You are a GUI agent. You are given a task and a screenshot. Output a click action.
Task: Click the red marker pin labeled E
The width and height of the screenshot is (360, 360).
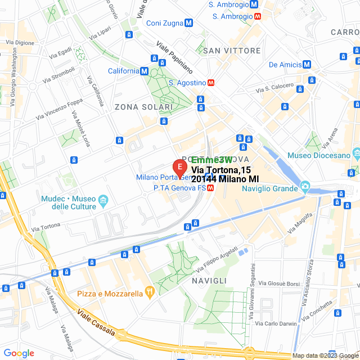pyautogui.click(x=179, y=168)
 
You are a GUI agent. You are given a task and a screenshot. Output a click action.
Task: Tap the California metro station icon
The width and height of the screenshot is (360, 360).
pyautogui.click(x=145, y=71)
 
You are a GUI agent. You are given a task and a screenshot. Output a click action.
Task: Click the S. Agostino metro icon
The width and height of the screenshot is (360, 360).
pyautogui.click(x=211, y=83)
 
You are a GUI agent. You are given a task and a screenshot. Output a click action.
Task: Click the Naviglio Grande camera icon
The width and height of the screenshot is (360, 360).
pyautogui.click(x=305, y=186)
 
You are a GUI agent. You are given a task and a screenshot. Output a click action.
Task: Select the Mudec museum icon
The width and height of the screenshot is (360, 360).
pyautogui.click(x=103, y=200)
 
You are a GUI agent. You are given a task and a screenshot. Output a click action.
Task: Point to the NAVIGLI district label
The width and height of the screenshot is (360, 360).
pyautogui.click(x=209, y=280)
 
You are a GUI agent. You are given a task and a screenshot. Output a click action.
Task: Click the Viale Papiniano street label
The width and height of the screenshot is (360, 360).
pyautogui.click(x=174, y=57)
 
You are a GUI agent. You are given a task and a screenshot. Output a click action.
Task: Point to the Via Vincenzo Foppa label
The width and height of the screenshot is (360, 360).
pyautogui.click(x=58, y=110)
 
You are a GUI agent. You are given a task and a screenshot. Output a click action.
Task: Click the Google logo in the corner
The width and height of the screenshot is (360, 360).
pyautogui.click(x=19, y=353)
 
